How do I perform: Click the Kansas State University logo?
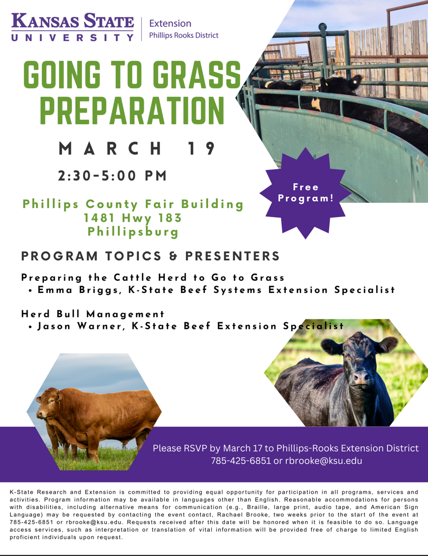click(x=73, y=27)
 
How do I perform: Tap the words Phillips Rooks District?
click(x=183, y=35)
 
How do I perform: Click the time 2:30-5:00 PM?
click(x=113, y=175)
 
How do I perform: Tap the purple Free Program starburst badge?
click(x=305, y=193)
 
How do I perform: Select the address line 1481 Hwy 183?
click(x=133, y=218)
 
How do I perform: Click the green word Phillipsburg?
click(x=133, y=232)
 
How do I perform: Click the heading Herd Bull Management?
click(x=92, y=314)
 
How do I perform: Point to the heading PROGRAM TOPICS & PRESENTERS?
click(x=151, y=256)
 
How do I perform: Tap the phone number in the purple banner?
click(x=240, y=461)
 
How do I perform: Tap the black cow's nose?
click(x=361, y=378)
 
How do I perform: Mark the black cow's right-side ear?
click(x=387, y=344)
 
